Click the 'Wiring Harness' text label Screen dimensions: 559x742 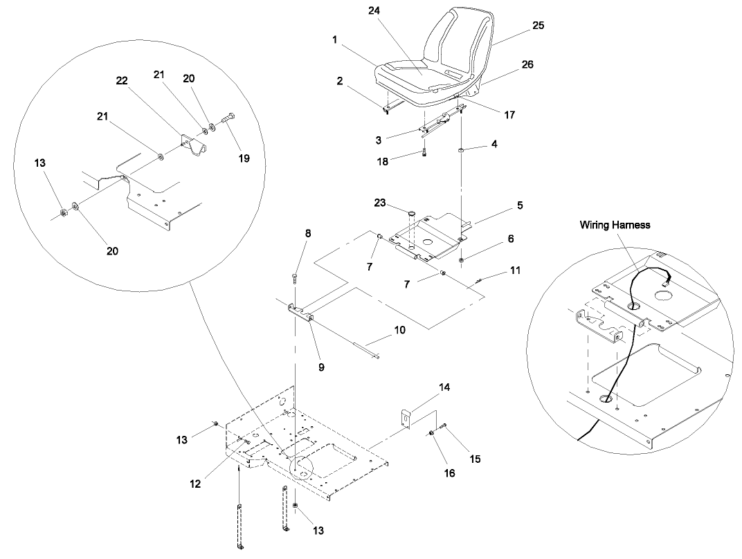(615, 224)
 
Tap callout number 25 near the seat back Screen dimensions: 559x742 (538, 26)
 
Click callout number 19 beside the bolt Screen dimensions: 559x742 (244, 158)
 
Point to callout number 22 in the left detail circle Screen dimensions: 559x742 (122, 81)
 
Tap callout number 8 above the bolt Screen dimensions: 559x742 (308, 234)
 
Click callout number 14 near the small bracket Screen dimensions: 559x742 (444, 387)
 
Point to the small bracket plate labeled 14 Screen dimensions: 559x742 (405, 419)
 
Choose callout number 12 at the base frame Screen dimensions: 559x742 (195, 484)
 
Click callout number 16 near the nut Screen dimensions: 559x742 (450, 474)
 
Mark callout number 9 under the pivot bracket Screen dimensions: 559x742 (321, 367)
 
